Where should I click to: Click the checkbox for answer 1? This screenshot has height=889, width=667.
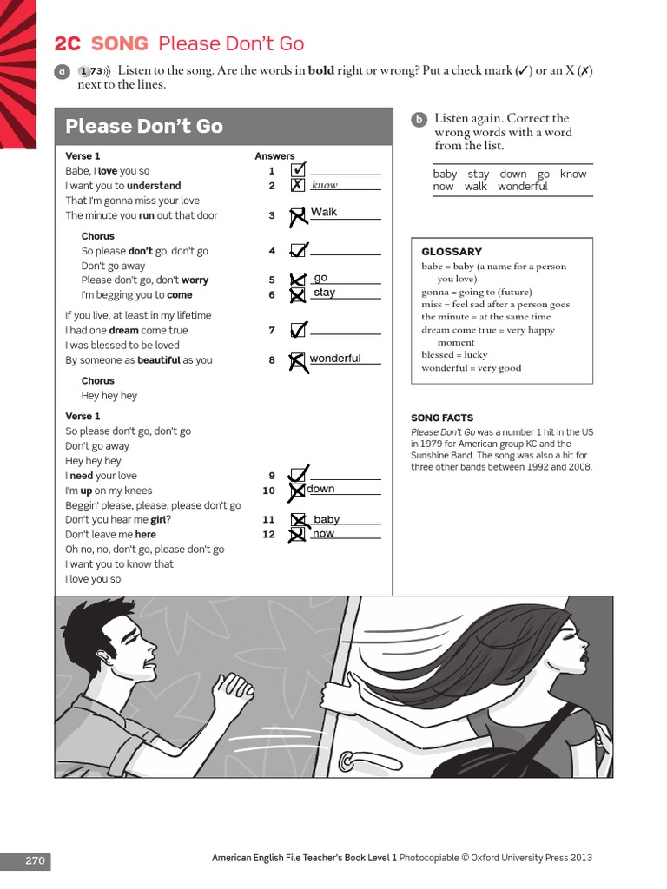point(298,169)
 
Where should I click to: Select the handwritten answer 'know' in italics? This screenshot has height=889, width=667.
point(325,184)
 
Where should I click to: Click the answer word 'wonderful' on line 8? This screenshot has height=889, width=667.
point(335,359)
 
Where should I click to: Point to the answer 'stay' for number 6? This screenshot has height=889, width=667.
point(325,293)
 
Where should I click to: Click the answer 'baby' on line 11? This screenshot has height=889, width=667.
point(327,519)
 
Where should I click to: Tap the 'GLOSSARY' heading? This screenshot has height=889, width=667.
point(452,251)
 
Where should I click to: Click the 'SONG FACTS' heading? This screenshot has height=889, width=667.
point(442,418)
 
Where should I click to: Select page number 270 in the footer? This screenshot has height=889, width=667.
point(35,860)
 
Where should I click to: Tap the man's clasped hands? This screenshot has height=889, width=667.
point(233,688)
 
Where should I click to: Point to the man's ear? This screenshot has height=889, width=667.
point(105,657)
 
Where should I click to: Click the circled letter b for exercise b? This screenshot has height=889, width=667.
point(419,119)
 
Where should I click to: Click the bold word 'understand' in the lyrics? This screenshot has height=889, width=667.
point(154,186)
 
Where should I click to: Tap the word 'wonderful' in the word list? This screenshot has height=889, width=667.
point(522,187)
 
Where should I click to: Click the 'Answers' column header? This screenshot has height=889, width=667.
point(274,156)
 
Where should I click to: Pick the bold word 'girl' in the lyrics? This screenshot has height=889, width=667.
point(158,520)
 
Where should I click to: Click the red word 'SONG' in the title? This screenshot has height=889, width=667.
point(120,43)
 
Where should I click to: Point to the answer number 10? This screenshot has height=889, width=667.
point(269,491)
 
